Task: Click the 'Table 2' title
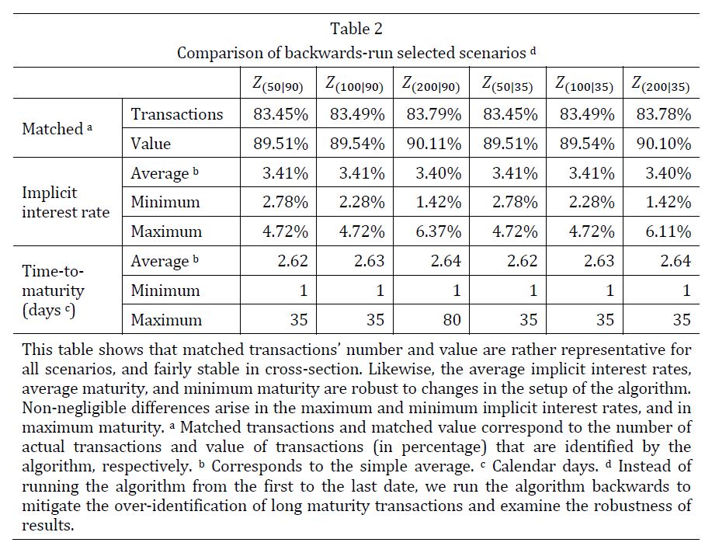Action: [356, 29]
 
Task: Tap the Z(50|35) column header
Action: [509, 84]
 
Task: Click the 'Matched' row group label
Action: [56, 129]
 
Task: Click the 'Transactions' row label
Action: [177, 114]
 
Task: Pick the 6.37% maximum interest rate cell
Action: [439, 231]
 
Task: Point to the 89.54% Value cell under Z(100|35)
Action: [587, 144]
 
